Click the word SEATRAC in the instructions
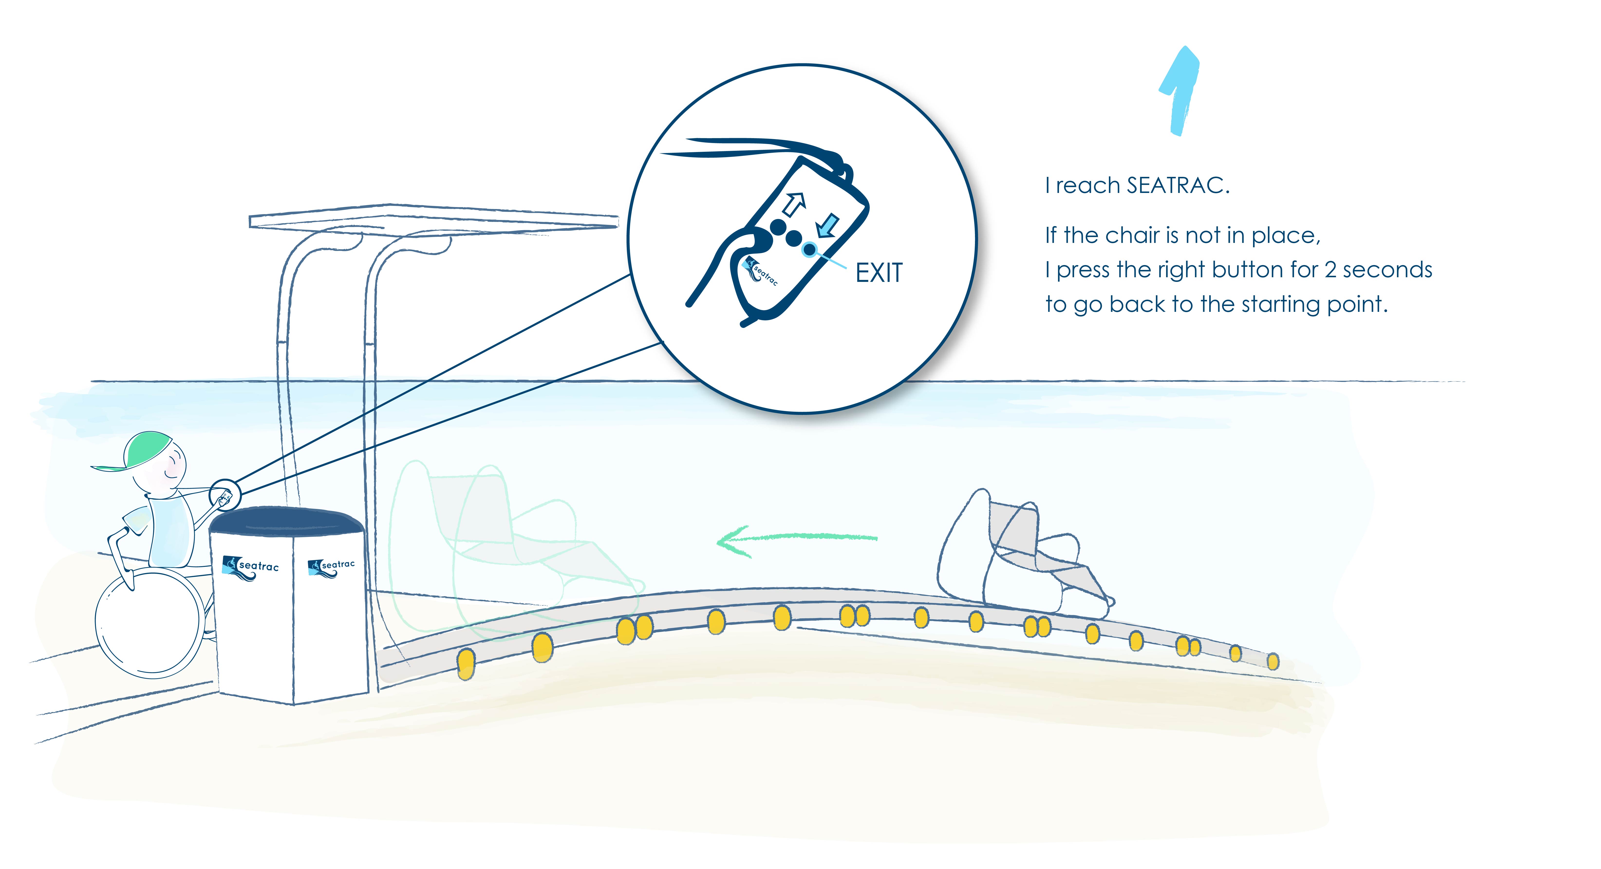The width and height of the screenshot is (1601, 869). (1178, 185)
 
